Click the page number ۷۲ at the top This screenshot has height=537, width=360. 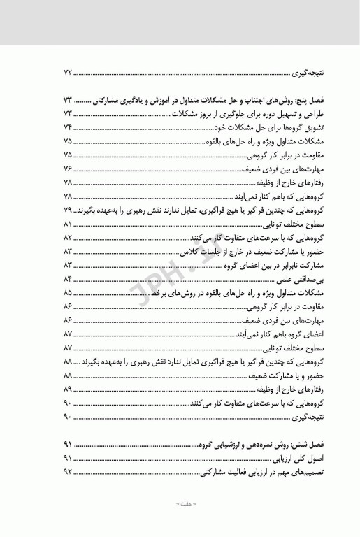pos(68,73)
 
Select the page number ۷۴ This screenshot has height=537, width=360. pos(68,127)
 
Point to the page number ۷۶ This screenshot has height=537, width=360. pos(68,168)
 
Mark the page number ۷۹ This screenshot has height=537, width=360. pos(68,210)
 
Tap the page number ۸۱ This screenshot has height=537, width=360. pos(68,224)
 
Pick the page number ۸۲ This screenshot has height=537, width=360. pos(68,238)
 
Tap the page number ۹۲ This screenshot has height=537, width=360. pos(68,473)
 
